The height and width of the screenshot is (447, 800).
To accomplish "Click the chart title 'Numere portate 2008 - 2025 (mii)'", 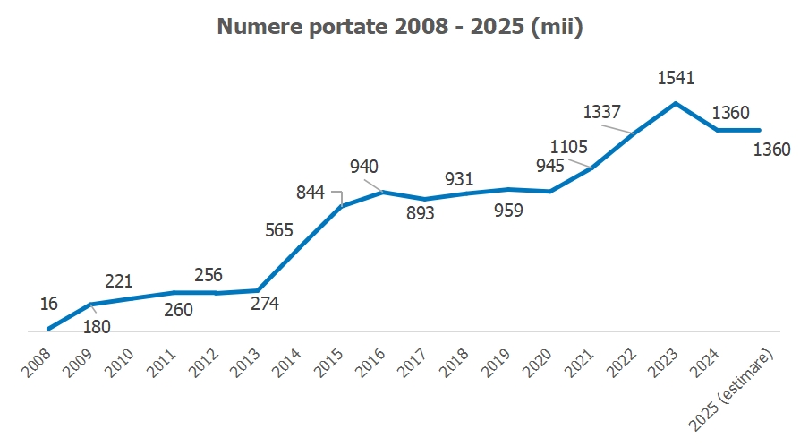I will (x=400, y=28).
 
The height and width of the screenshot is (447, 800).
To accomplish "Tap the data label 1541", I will (x=676, y=79).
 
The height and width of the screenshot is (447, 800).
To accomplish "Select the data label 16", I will (x=49, y=305).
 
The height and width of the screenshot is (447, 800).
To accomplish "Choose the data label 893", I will (x=420, y=213).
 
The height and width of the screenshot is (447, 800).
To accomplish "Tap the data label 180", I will (x=96, y=327).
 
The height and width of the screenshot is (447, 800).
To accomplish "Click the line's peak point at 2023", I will (x=676, y=103).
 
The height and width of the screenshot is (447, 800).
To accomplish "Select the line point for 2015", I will (x=341, y=207).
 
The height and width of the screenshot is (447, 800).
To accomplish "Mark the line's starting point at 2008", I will (x=48, y=329).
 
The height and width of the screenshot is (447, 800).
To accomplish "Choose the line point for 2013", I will (x=258, y=290).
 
